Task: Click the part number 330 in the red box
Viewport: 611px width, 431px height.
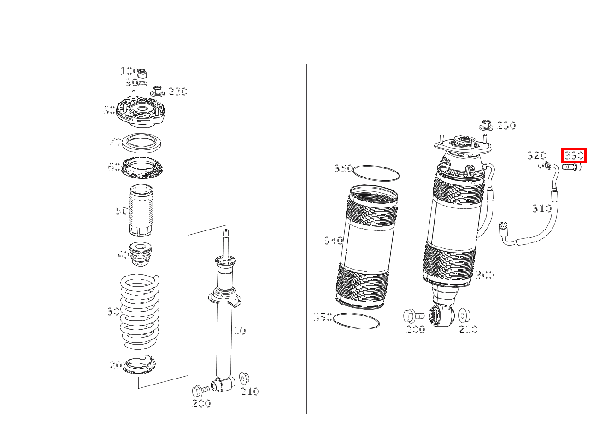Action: point(574,156)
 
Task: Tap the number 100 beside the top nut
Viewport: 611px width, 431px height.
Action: point(129,71)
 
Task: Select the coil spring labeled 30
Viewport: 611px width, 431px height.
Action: point(140,311)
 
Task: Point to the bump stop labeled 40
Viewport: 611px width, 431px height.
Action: point(141,254)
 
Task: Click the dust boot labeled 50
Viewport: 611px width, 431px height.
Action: point(141,210)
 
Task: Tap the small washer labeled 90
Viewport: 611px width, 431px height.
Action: point(142,83)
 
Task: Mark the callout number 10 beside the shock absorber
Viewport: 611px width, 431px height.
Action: point(240,331)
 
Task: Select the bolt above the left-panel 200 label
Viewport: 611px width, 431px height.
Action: point(201,391)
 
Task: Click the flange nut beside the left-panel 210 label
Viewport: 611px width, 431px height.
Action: point(244,378)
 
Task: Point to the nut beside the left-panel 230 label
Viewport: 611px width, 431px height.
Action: point(157,91)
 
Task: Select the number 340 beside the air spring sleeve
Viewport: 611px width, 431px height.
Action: point(333,241)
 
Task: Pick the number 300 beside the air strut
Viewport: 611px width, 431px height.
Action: point(485,275)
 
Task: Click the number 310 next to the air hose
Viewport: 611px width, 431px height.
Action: point(542,208)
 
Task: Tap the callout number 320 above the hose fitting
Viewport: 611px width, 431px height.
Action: point(537,156)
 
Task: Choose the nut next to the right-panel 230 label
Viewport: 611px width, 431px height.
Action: point(486,125)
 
